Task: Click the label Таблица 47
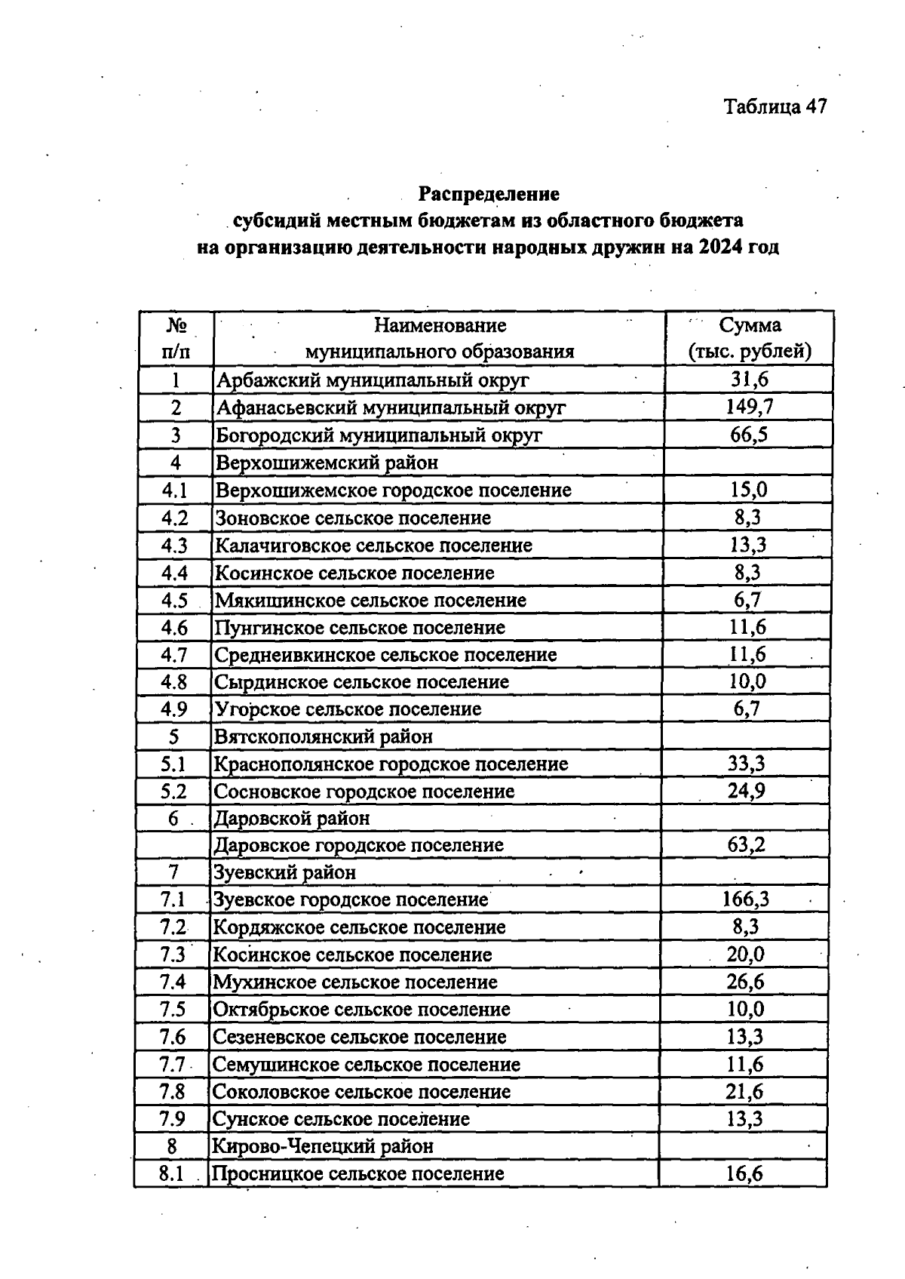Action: tap(775, 106)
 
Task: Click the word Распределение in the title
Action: tap(489, 194)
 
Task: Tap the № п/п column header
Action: tap(176, 338)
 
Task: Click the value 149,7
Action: tap(749, 407)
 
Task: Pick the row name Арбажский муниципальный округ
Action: tap(373, 380)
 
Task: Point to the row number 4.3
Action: tap(174, 545)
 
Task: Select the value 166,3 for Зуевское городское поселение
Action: tap(746, 899)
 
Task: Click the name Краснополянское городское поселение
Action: tap(391, 764)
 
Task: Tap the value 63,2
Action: tap(746, 844)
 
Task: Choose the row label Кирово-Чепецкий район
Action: tap(323, 1146)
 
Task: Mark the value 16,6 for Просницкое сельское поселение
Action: tap(745, 1173)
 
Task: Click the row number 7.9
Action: tap(172, 1119)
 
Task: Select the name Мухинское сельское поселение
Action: tap(355, 982)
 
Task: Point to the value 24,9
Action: tap(746, 791)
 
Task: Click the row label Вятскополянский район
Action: tap(324, 736)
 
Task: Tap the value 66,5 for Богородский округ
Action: tap(749, 435)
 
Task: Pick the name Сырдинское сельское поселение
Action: tap(361, 681)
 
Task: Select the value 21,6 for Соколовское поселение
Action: tap(745, 1091)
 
